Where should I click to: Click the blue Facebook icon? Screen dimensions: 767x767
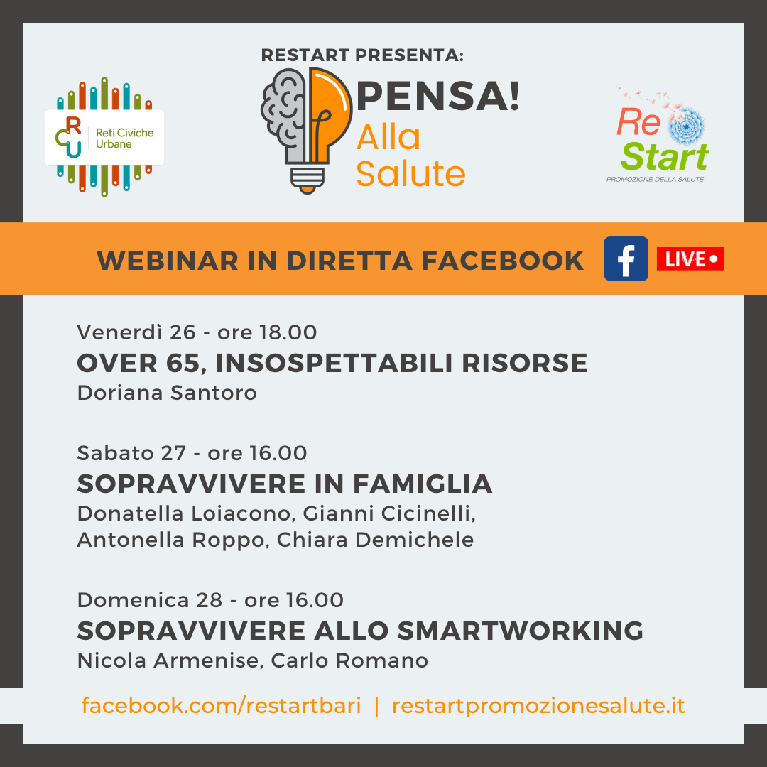(626, 259)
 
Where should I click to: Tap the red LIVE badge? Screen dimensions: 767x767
(690, 259)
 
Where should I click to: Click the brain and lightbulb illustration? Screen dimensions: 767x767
(306, 130)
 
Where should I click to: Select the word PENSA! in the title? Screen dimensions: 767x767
(437, 96)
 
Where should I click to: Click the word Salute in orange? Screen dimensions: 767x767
(410, 174)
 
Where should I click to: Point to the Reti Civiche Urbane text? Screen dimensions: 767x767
(125, 138)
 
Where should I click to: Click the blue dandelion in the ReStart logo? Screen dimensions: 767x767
(686, 126)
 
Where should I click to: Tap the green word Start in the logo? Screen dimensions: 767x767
(665, 156)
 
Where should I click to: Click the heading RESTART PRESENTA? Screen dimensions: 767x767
(362, 55)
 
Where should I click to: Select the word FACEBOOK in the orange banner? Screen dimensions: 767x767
(502, 260)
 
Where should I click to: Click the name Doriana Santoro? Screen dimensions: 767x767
(167, 393)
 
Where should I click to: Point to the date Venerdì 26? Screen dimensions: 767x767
(136, 332)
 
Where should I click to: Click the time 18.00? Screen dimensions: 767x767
(288, 332)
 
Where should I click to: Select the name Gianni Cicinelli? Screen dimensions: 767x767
(389, 513)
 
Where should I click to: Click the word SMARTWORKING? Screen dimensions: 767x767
(520, 631)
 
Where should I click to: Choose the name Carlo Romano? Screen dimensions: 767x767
(349, 660)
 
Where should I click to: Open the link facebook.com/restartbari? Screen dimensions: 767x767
(221, 705)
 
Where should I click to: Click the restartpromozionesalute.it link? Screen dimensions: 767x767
(538, 706)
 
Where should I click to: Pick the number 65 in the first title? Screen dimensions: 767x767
(185, 364)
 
